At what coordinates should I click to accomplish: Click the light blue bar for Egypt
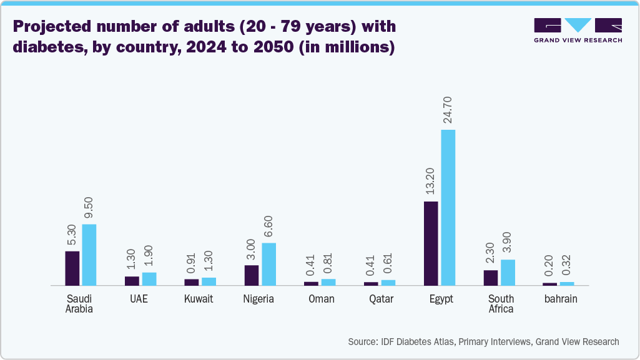click(448, 207)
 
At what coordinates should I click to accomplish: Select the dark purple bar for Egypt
click(430, 243)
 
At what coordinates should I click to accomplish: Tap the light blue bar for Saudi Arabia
click(89, 255)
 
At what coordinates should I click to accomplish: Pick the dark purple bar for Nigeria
click(251, 275)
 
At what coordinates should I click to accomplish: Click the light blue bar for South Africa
click(508, 272)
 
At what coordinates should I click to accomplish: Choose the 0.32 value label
click(567, 265)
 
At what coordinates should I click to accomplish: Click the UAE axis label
click(139, 299)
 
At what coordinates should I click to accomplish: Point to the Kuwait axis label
click(199, 299)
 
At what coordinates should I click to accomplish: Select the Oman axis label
click(322, 299)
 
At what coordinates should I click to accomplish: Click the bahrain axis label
click(559, 299)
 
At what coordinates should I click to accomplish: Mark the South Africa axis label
click(501, 304)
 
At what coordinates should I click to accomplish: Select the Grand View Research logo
click(578, 30)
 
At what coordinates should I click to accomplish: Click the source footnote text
click(483, 341)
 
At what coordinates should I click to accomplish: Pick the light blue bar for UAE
click(149, 279)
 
